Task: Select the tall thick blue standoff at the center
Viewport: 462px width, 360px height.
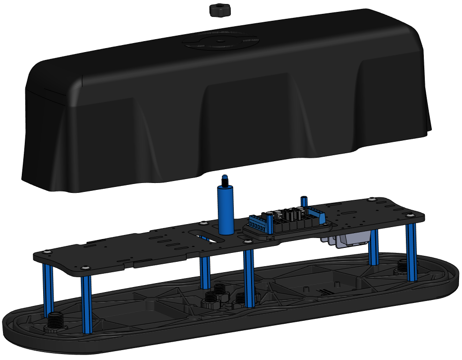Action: point(226,210)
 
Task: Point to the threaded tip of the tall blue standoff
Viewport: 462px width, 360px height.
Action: point(225,180)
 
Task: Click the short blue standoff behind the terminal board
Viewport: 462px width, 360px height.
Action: point(304,201)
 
